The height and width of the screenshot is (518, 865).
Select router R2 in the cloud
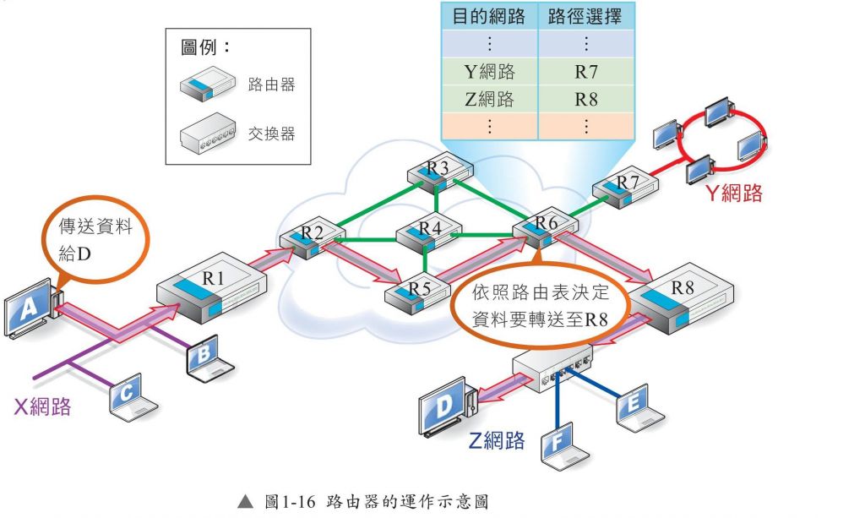click(x=307, y=240)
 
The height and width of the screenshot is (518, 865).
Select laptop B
click(x=203, y=358)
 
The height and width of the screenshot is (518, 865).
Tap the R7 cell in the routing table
click(x=585, y=71)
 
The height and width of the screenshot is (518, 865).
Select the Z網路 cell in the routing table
click(x=489, y=99)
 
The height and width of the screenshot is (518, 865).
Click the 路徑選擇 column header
click(x=585, y=15)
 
